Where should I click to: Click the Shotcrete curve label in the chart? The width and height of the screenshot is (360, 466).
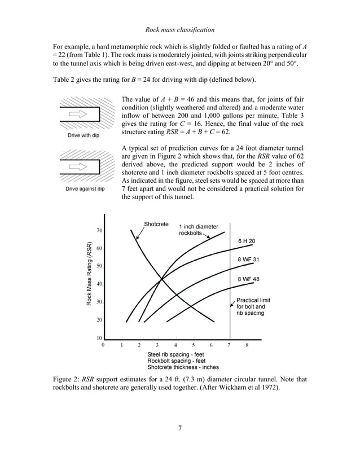pos(156,224)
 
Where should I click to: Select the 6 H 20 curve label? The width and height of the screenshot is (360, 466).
pos(247,241)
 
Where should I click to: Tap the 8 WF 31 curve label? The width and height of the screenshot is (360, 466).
pos(248,260)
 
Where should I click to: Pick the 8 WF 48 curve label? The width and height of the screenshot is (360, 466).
pos(248,279)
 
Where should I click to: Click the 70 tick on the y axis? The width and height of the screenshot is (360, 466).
pos(99,230)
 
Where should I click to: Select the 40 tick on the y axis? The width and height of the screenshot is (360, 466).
pos(99,284)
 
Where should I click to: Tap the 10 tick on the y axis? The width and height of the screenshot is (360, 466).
pos(99,337)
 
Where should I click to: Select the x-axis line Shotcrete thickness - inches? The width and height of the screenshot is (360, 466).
pos(183,367)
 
